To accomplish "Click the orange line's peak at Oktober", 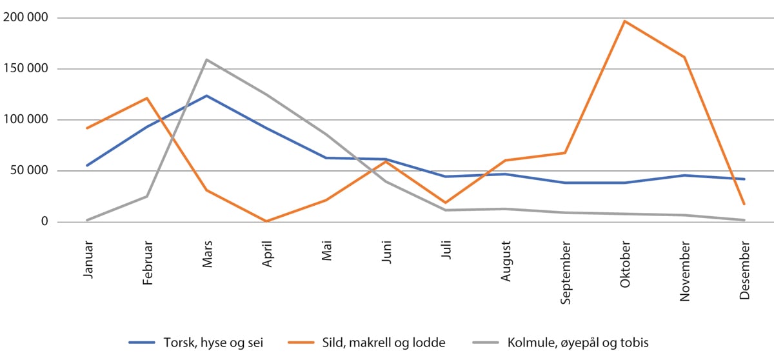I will coord(624,21).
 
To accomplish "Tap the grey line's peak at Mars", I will coord(207,59).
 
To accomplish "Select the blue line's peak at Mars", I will coord(207,95).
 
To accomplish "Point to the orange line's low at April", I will coord(266,221).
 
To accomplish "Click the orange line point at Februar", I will coord(147,98).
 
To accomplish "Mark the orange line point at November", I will coord(684,57).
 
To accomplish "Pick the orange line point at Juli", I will coord(445,203).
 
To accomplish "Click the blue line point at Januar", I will coord(87,166).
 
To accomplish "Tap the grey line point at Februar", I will coord(147,196).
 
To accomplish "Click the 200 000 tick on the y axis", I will coord(26,17).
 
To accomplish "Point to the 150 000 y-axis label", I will coord(26,68).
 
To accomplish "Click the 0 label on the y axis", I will coord(45,222).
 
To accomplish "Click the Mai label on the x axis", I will coord(326,252).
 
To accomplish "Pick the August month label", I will coord(505,261).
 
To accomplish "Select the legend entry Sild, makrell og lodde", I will coord(384,342).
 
